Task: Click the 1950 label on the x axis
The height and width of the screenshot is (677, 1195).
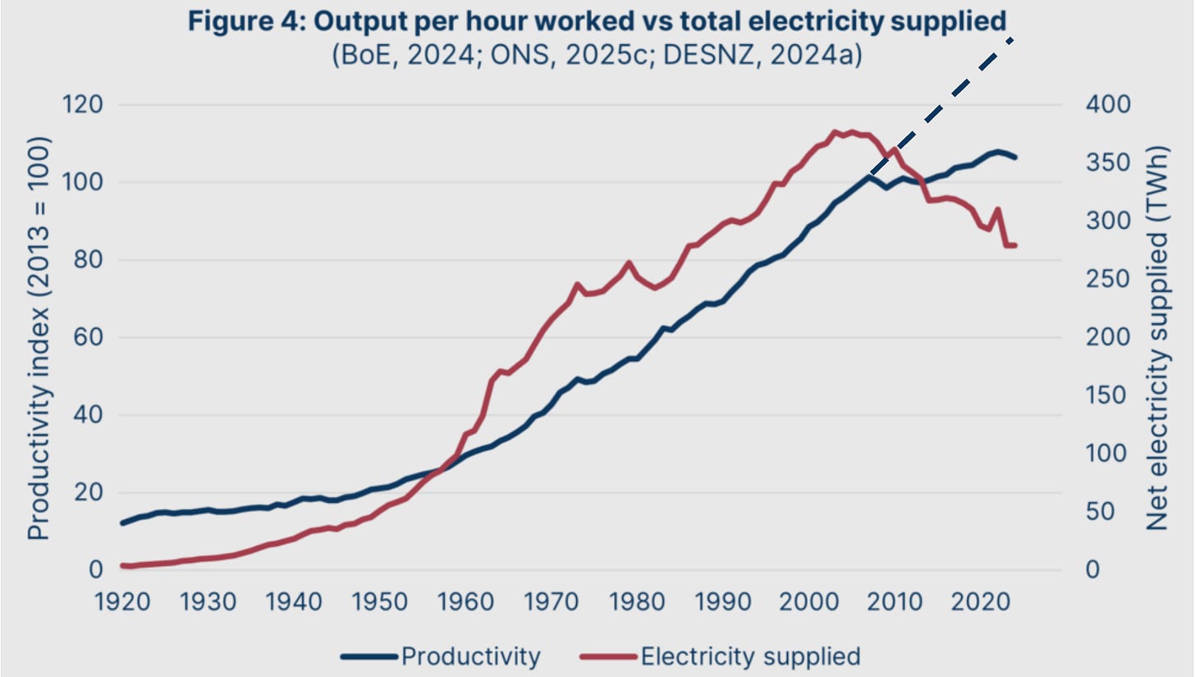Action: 379,601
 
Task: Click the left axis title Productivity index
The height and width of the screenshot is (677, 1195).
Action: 39,337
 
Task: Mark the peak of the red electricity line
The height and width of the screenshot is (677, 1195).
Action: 836,131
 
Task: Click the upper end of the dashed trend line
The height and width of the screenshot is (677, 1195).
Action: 1014,39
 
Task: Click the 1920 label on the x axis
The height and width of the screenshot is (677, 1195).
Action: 122,601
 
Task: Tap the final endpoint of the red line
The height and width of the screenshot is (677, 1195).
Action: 1015,245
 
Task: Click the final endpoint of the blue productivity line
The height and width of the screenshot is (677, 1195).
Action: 1015,157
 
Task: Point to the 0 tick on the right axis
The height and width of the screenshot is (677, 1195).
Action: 1092,570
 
